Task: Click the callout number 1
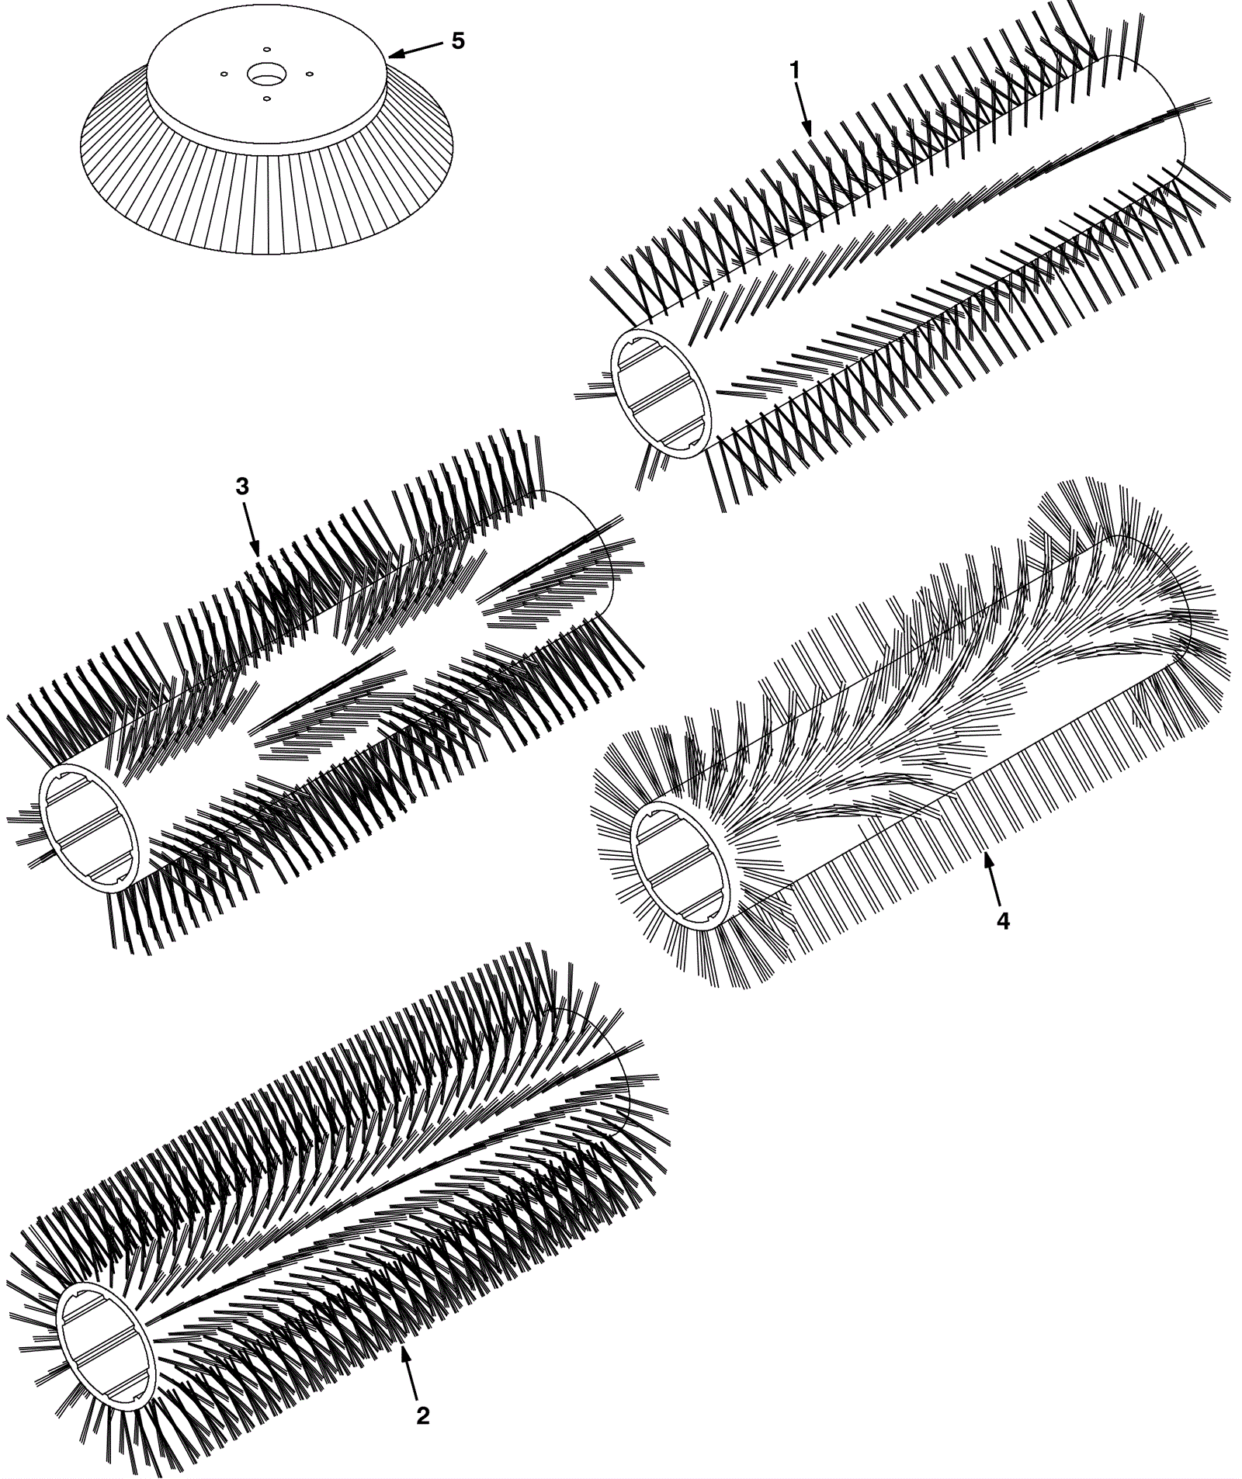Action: click(x=794, y=71)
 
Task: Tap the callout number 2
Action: click(x=422, y=1416)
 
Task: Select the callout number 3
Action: click(x=242, y=487)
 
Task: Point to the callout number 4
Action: click(x=1003, y=921)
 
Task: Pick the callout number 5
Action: click(x=458, y=41)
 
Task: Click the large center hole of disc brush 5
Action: click(x=265, y=75)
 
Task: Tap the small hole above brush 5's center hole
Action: click(x=265, y=49)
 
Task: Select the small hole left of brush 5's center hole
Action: click(x=224, y=74)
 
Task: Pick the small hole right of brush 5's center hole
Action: click(x=309, y=74)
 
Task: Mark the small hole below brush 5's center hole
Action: click(x=266, y=99)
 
